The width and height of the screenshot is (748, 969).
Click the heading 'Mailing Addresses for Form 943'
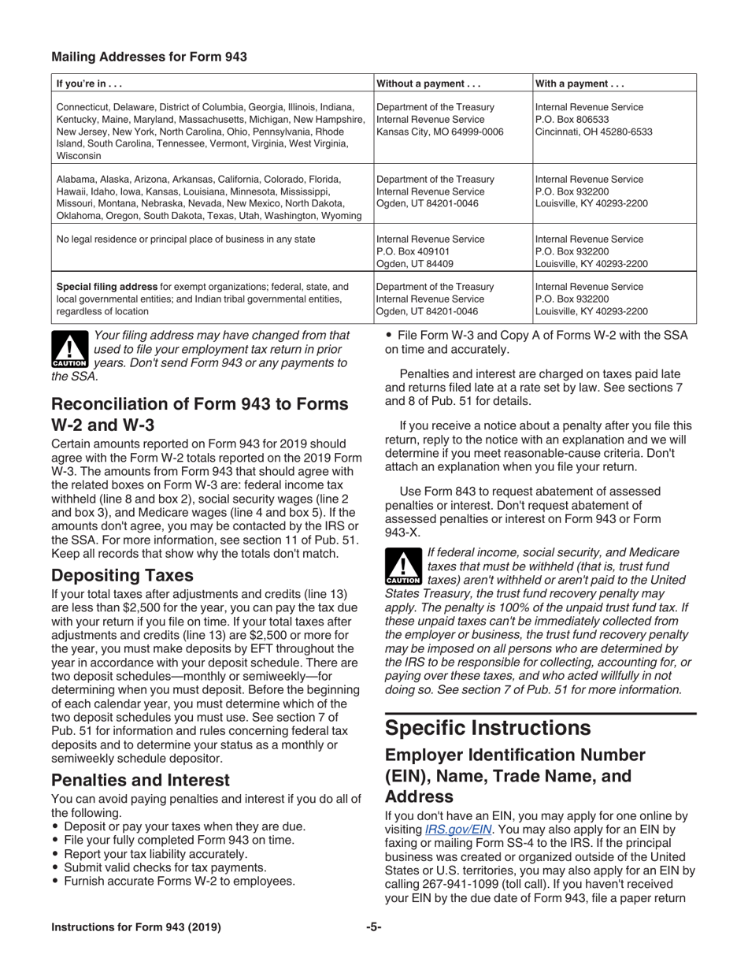(149, 57)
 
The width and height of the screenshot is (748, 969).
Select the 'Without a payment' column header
(429, 84)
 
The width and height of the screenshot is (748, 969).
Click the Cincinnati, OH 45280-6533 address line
(594, 132)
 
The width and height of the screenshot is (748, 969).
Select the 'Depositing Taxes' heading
(122, 575)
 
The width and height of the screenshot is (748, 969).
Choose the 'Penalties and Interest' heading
(140, 780)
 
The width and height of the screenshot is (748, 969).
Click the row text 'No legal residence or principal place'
(186, 239)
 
